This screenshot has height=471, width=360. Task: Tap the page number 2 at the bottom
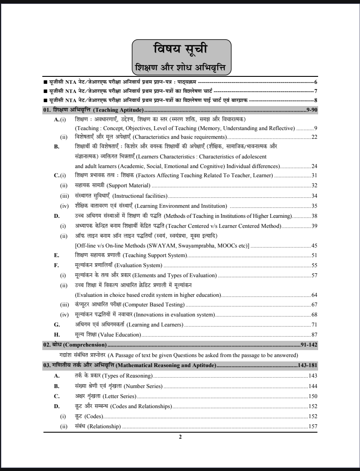(x=180, y=437)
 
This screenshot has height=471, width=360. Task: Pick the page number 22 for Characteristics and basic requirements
(x=314, y=137)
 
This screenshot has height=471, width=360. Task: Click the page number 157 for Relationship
(x=312, y=426)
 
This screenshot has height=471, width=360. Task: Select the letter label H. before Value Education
(x=56, y=334)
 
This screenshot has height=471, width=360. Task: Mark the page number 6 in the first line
(x=315, y=82)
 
